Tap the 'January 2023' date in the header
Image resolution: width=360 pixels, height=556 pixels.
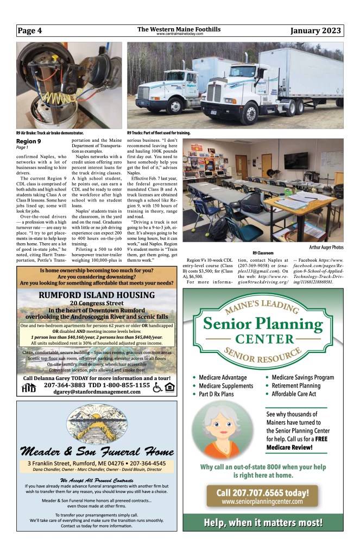coord(315,30)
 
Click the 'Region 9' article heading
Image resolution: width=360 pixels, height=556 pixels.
coord(28,142)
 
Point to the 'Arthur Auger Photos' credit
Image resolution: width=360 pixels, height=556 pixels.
coord(322,248)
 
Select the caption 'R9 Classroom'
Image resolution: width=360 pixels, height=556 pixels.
coord(263,253)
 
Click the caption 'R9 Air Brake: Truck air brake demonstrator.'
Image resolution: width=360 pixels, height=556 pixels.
coord(49,132)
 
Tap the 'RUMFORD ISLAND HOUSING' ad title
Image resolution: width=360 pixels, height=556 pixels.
coord(97,295)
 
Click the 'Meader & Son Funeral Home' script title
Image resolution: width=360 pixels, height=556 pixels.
coord(97,451)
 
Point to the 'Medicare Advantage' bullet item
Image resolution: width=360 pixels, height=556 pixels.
coord(222,377)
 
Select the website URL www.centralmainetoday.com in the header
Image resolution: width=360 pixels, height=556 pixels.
coord(179,34)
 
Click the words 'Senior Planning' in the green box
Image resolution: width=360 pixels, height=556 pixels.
coord(263,324)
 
